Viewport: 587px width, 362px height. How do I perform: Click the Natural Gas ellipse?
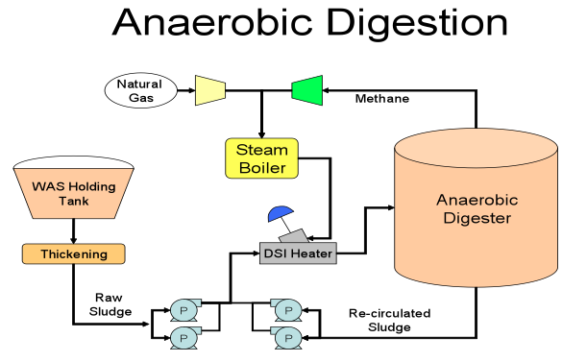pos(140,90)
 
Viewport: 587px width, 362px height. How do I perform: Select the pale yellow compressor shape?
pos(210,90)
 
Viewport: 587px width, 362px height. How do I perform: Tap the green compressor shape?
pos(307,90)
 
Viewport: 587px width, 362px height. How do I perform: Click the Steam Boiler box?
pos(261,158)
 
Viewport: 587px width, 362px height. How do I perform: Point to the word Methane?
pos(381,99)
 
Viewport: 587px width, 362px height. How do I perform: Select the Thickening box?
pos(74,253)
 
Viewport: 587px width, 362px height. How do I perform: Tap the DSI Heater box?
pos(298,253)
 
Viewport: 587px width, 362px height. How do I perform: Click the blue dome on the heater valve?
pos(280,213)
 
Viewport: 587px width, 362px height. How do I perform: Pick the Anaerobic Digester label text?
pos(477,209)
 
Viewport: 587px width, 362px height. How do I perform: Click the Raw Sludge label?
pos(110,304)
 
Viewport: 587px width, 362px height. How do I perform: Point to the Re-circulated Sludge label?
pos(389,320)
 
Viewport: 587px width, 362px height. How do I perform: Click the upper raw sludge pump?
pos(184,310)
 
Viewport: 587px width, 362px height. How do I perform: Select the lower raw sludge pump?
pos(184,338)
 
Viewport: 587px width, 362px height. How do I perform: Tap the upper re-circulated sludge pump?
pos(286,310)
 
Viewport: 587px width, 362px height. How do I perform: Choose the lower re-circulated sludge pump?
pos(286,338)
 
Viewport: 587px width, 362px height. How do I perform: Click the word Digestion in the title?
pos(417,22)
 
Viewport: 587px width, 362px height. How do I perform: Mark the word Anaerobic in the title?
pos(212,22)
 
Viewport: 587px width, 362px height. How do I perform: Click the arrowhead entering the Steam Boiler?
pos(261,135)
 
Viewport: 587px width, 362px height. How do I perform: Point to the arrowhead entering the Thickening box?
pos(73,240)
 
